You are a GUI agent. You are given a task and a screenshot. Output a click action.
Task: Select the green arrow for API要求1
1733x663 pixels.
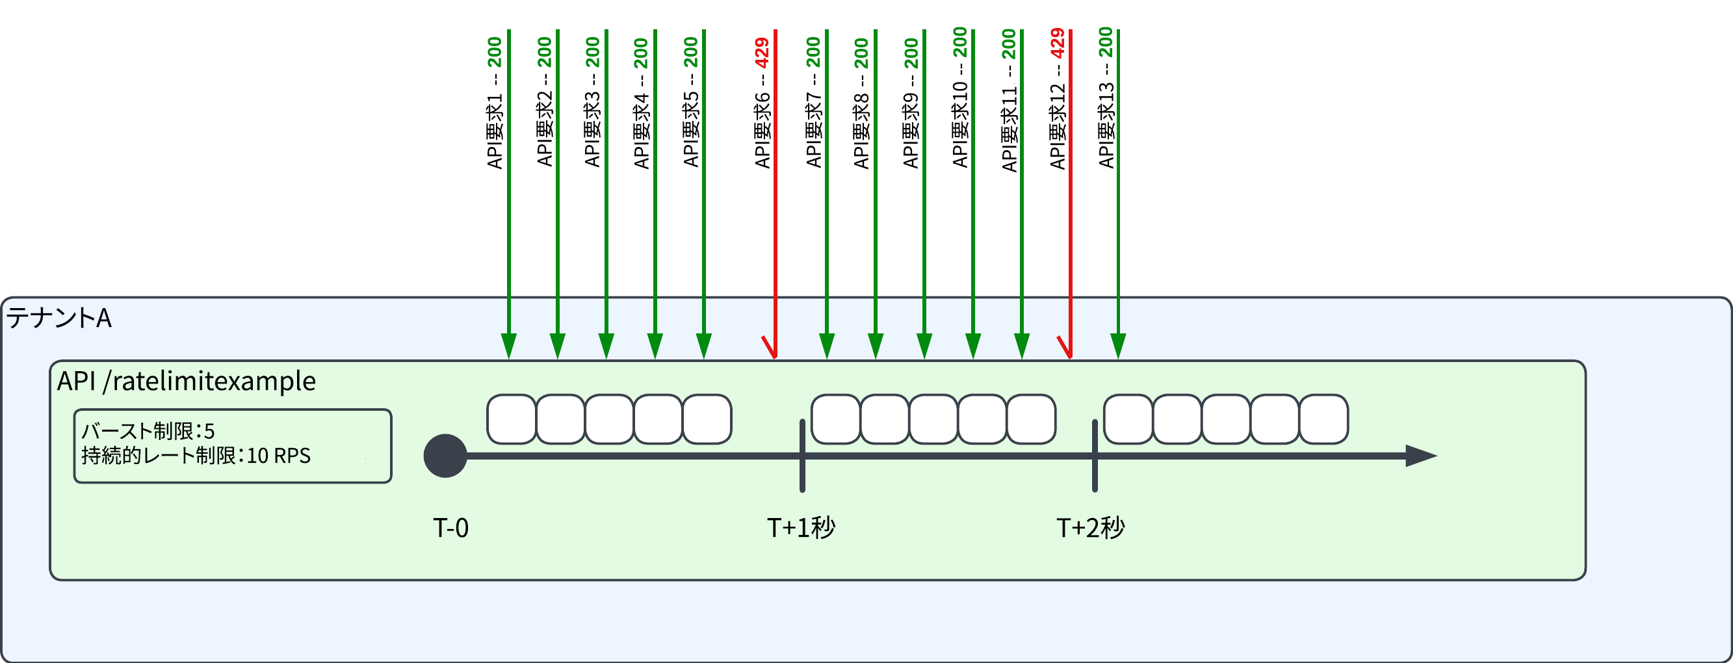(508, 194)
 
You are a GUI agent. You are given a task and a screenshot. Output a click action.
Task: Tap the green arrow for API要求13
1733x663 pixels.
(1118, 194)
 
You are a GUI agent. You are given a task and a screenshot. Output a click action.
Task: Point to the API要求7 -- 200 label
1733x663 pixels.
(814, 102)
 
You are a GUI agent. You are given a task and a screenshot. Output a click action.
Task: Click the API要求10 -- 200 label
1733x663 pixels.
(960, 97)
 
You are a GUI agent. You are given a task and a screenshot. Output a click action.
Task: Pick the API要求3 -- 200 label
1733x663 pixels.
(592, 102)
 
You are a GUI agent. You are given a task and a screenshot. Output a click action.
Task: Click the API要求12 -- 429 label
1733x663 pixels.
(1058, 99)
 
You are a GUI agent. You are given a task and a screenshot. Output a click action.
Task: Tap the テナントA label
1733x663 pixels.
(59, 317)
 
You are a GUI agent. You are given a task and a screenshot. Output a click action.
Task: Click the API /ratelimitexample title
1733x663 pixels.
(187, 382)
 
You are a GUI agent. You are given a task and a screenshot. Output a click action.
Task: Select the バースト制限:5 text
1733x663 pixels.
(148, 431)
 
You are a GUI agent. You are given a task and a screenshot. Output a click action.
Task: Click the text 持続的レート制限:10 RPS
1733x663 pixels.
(196, 456)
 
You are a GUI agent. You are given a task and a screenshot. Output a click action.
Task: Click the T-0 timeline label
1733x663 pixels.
(450, 528)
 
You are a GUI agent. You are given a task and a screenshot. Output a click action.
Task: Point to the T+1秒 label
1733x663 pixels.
(801, 528)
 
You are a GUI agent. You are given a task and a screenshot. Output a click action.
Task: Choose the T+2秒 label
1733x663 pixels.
(1091, 528)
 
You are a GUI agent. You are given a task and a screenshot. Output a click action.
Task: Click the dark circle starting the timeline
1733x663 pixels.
(445, 456)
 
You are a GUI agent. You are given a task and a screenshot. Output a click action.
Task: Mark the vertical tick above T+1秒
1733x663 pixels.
(803, 456)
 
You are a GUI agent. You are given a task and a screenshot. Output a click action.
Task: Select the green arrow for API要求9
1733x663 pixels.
(924, 194)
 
